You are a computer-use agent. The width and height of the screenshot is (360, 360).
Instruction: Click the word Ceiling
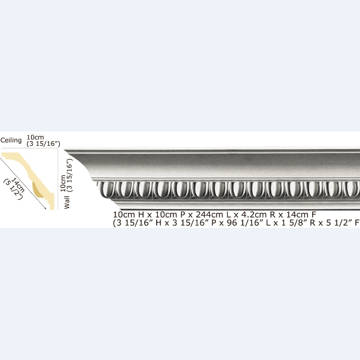click(x=11, y=140)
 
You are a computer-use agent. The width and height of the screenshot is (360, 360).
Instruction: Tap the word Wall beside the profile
click(x=67, y=202)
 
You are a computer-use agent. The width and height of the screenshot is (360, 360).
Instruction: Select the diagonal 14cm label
click(x=18, y=185)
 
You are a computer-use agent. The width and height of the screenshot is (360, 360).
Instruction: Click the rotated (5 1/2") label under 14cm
click(x=13, y=190)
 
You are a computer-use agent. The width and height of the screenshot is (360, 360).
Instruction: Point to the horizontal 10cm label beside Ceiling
click(x=35, y=138)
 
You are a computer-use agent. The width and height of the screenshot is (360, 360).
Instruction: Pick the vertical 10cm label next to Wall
click(x=63, y=183)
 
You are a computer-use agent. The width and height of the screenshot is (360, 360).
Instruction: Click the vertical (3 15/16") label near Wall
click(x=70, y=175)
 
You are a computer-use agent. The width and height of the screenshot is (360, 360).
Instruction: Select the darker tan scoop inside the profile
click(x=38, y=190)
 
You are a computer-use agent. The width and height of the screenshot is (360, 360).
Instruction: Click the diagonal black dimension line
click(x=23, y=183)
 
